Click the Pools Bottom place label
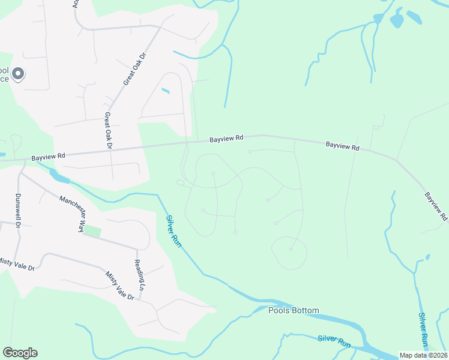(x=294, y=310)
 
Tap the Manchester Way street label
(x=71, y=212)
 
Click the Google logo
(x=20, y=353)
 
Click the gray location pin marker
(x=18, y=74)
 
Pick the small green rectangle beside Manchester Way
(x=92, y=230)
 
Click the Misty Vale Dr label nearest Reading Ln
(x=120, y=286)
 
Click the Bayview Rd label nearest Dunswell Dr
(x=49, y=155)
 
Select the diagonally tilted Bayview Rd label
(x=436, y=205)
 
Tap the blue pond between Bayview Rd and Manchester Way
(x=59, y=176)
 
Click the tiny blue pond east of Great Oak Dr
(x=166, y=91)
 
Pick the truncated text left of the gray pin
(x=5, y=74)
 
